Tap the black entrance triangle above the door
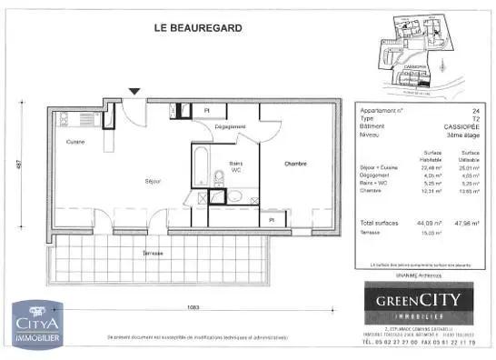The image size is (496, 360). pyautogui.click(x=134, y=91)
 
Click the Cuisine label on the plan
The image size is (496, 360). pyautogui.click(x=75, y=142)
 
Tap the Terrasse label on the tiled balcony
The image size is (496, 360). pyautogui.click(x=152, y=253)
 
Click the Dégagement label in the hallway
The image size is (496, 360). pyautogui.click(x=231, y=126)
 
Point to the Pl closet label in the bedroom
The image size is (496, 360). pyautogui.click(x=271, y=220)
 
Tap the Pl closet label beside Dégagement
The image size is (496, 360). pyautogui.click(x=207, y=110)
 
